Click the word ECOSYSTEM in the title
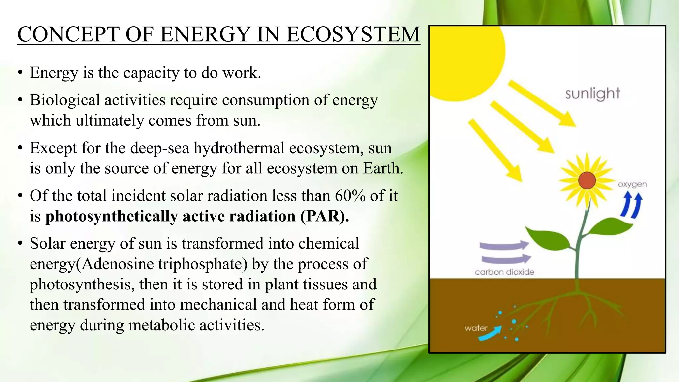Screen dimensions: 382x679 click(353, 34)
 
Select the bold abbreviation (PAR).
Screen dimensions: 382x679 click(325, 216)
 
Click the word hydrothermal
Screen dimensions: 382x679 click(239, 148)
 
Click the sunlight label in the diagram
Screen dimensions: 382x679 click(592, 94)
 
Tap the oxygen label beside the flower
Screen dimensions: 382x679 click(632, 184)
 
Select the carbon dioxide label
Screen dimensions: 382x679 click(504, 272)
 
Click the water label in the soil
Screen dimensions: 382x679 click(476, 328)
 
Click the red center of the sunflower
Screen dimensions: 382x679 click(587, 181)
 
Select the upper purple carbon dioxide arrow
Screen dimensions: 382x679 click(504, 246)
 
